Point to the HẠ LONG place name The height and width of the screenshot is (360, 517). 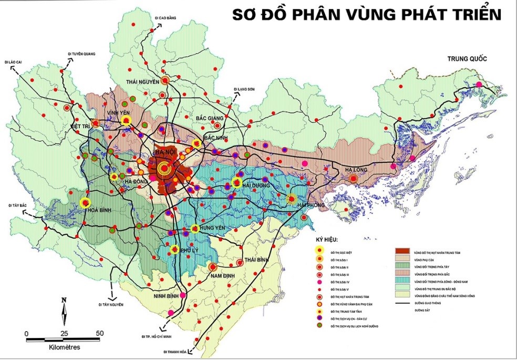point(358,169)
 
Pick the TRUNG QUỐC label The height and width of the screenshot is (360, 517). point(468,58)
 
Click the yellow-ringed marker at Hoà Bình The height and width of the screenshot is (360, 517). point(85,203)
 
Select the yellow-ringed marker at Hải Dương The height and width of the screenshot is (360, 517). point(236,183)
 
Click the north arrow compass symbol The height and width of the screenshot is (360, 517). point(64,312)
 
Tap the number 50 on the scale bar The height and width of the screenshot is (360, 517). point(99,333)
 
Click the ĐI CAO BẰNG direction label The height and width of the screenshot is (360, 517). point(165,17)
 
